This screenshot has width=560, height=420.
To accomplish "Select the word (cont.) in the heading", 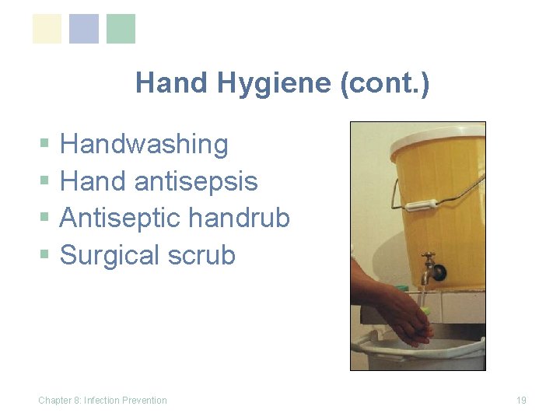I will pos(384,82).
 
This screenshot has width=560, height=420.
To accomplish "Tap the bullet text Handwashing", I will pos(144,144).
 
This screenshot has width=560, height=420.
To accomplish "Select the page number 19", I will pos(521,401).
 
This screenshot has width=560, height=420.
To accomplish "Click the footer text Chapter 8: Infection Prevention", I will pos(103,401).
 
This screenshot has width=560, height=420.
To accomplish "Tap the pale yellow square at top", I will pos(47,29).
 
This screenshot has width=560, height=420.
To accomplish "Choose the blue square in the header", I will pos(84,29).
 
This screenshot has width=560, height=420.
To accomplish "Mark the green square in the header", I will pos(121,29).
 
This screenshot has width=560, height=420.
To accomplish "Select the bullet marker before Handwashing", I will pos(44,145).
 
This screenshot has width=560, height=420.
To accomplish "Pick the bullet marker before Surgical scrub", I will pos(44,256).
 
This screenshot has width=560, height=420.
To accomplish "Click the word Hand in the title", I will pos(164,82).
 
